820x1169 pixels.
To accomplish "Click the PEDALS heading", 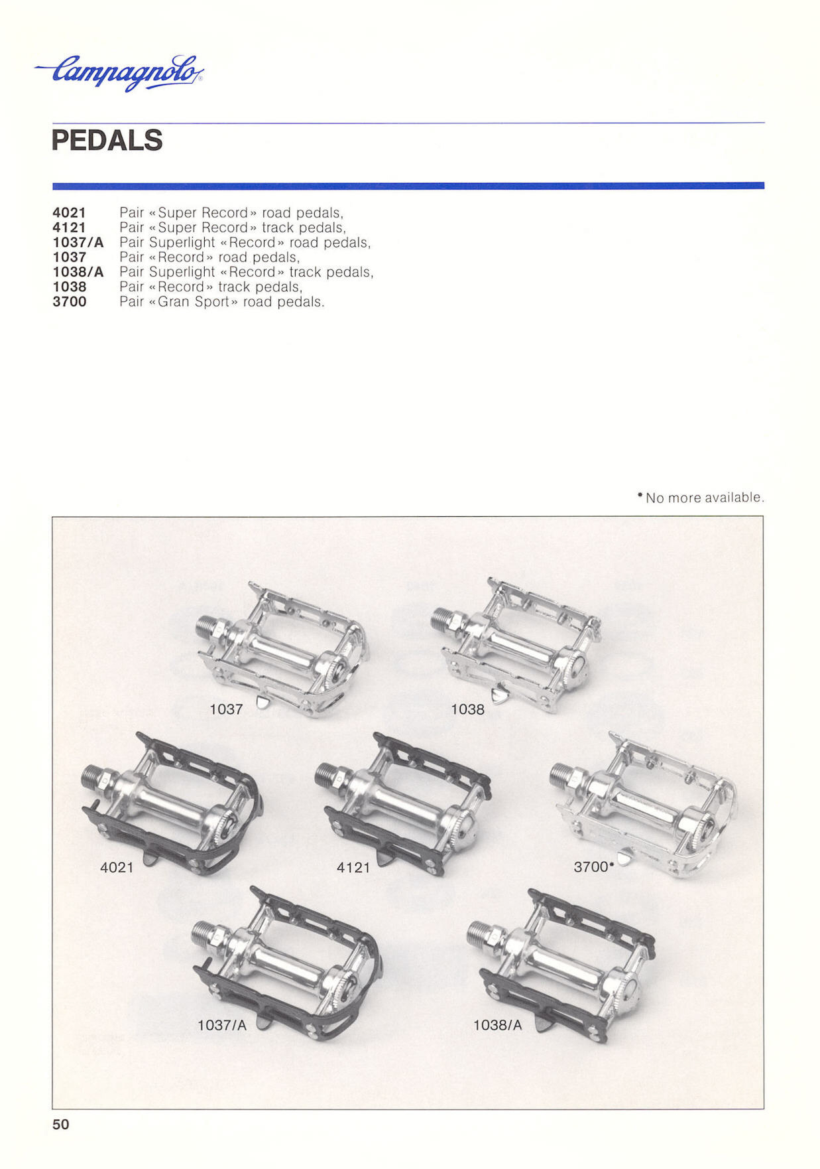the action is coord(107,141).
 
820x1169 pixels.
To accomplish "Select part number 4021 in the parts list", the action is coord(69,213).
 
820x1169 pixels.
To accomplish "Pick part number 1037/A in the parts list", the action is coord(78,243).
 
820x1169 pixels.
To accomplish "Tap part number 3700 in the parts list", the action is coord(70,302).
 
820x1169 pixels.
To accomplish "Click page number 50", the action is coord(60,1124).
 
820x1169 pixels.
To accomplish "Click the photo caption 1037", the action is coord(226,709).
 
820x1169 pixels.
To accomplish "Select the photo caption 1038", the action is coord(467,709).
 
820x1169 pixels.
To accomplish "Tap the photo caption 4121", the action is coord(353,867).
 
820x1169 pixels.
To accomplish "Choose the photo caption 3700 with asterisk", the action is coord(594,867).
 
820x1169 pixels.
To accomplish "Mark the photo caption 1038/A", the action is coord(497,1025).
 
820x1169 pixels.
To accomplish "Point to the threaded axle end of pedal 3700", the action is coord(563,774).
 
